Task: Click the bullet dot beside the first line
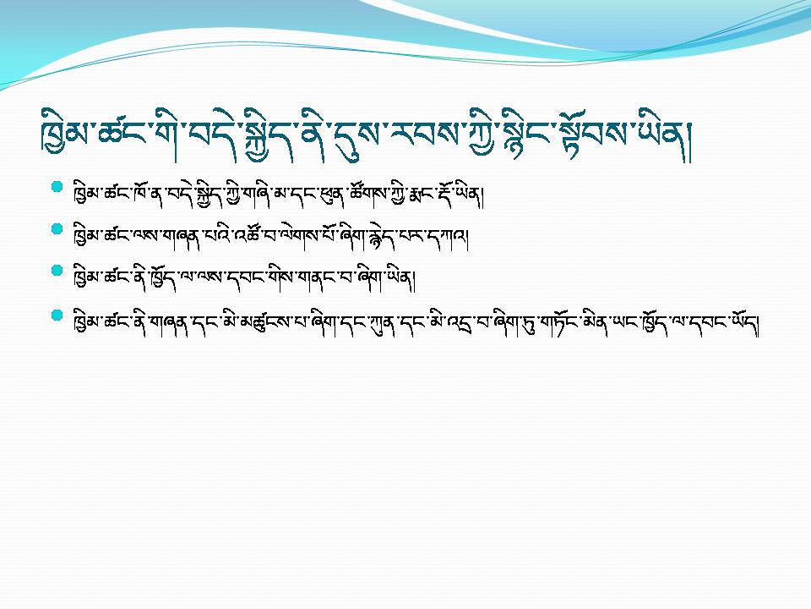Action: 57,187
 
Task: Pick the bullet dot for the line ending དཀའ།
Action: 57,229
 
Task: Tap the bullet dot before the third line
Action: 57,271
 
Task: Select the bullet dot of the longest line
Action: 57,315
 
